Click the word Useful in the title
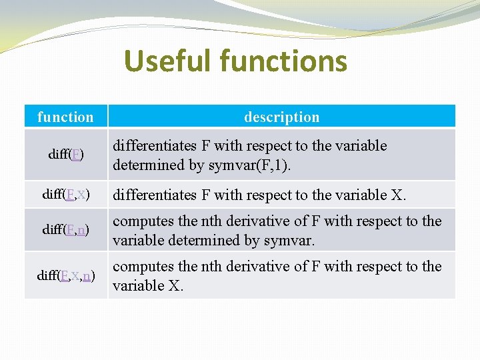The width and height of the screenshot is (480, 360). click(x=168, y=60)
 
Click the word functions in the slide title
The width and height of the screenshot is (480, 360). click(x=283, y=60)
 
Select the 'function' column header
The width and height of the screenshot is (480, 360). click(x=65, y=117)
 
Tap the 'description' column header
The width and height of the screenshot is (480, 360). click(x=281, y=117)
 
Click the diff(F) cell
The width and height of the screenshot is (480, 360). click(x=66, y=154)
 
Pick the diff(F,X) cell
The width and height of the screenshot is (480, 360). click(x=66, y=194)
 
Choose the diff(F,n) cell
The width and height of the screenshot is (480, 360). click(x=66, y=229)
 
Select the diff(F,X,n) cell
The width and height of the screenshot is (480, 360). click(x=66, y=275)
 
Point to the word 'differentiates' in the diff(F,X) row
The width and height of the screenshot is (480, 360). click(x=155, y=195)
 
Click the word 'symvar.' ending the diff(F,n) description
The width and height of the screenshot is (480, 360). click(x=289, y=241)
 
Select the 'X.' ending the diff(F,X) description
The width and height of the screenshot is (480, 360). click(x=399, y=195)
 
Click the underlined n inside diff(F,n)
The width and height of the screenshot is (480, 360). click(x=81, y=230)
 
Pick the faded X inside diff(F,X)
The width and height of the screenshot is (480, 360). click(x=81, y=195)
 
